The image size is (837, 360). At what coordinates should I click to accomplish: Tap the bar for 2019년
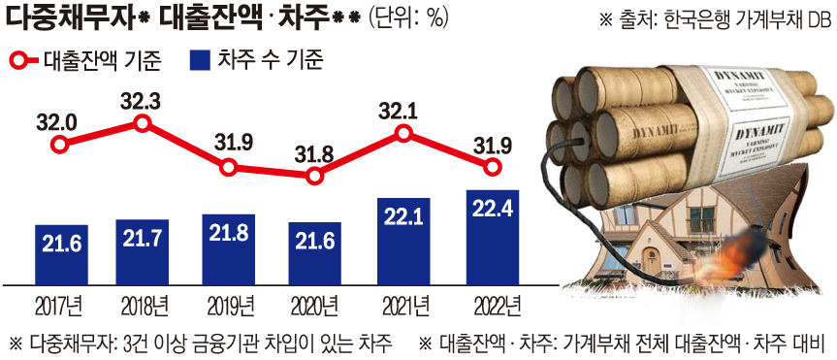(229, 249)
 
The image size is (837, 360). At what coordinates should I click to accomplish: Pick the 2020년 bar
(313, 253)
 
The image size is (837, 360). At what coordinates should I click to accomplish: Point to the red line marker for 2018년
(144, 122)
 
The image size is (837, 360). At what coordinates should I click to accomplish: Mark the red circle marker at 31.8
(313, 177)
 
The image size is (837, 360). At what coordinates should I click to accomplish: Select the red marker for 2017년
(60, 145)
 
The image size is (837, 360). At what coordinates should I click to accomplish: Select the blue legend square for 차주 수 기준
(202, 60)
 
